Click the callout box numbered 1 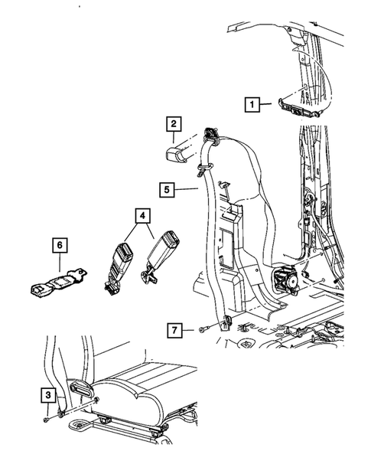click(252, 104)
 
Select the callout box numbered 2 click(174, 124)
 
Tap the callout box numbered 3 click(47, 394)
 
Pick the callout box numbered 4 click(143, 216)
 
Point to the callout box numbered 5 click(167, 190)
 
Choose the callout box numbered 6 click(60, 245)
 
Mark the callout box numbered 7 click(174, 330)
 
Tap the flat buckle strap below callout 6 click(59, 283)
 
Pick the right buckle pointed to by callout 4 click(160, 255)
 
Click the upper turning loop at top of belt click(212, 136)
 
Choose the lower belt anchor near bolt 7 click(226, 322)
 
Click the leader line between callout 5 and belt click(187, 189)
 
